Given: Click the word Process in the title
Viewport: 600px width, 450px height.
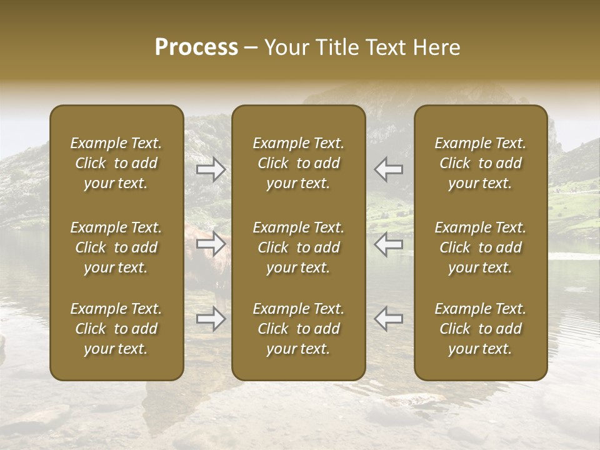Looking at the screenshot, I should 196,47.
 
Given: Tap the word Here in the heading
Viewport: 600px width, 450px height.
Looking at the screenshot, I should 436,47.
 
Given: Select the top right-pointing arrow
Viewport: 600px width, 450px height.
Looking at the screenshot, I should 211,169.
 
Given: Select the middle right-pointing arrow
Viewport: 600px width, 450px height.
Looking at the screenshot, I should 211,244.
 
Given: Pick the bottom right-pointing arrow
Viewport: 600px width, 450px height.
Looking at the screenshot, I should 211,319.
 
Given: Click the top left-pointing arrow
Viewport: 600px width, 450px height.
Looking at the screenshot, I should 389,169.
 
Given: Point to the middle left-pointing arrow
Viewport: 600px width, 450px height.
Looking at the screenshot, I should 389,244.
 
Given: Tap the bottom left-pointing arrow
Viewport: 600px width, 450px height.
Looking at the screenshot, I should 389,319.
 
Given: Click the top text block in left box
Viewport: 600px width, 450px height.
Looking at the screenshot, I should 116,163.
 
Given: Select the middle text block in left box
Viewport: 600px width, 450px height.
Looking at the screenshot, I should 116,247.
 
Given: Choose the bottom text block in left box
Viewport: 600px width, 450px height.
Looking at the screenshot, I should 116,329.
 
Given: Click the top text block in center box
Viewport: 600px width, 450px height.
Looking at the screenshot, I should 299,163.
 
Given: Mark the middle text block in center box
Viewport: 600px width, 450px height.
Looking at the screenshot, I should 299,247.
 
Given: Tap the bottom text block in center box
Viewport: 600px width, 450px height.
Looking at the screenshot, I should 299,329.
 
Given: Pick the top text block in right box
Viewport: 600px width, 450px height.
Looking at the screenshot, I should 481,163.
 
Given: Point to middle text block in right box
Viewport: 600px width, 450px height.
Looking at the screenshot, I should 481,247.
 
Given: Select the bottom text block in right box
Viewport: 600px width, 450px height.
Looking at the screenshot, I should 481,329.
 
